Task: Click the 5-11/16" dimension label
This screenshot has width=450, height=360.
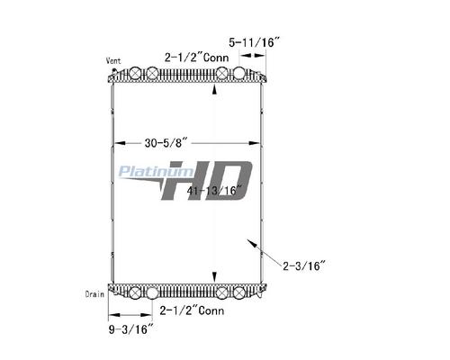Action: point(254,42)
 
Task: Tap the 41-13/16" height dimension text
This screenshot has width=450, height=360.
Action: point(214,190)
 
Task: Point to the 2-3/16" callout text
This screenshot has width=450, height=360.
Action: point(304,265)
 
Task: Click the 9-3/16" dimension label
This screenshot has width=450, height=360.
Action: point(131,329)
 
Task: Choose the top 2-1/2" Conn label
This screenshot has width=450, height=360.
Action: point(196,58)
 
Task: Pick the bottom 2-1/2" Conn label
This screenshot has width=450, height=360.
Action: point(192,310)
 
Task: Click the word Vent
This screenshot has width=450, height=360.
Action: point(113,61)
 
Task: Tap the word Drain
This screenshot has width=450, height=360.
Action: point(94,294)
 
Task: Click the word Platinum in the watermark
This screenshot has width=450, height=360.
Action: point(156,172)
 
